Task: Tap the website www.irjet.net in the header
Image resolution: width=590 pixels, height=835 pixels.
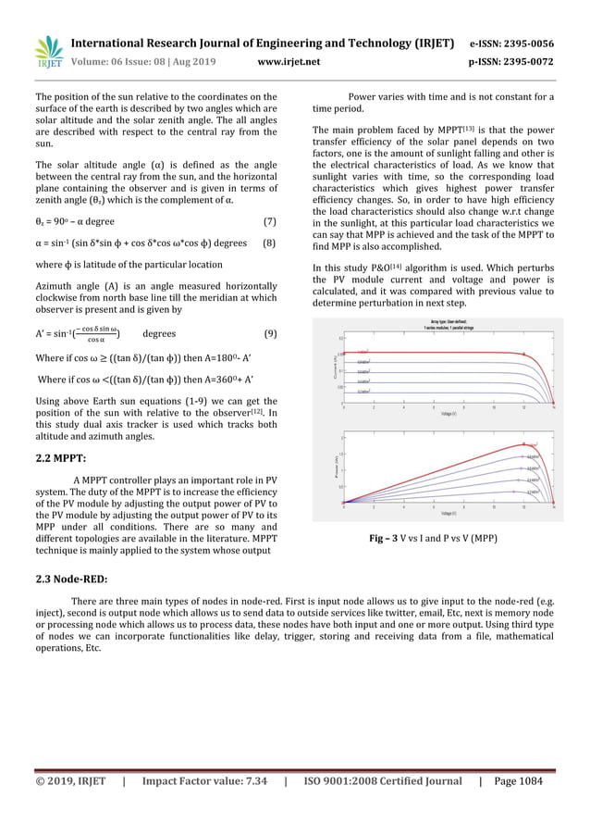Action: [289, 62]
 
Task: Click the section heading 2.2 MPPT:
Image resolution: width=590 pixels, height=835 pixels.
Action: [61, 458]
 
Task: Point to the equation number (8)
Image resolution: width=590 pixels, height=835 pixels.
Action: [269, 243]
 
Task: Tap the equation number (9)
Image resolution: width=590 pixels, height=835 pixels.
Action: [269, 333]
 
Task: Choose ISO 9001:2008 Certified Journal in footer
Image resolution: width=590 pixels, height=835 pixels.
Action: [382, 781]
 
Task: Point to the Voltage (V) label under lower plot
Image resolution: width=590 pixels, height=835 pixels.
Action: [449, 513]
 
